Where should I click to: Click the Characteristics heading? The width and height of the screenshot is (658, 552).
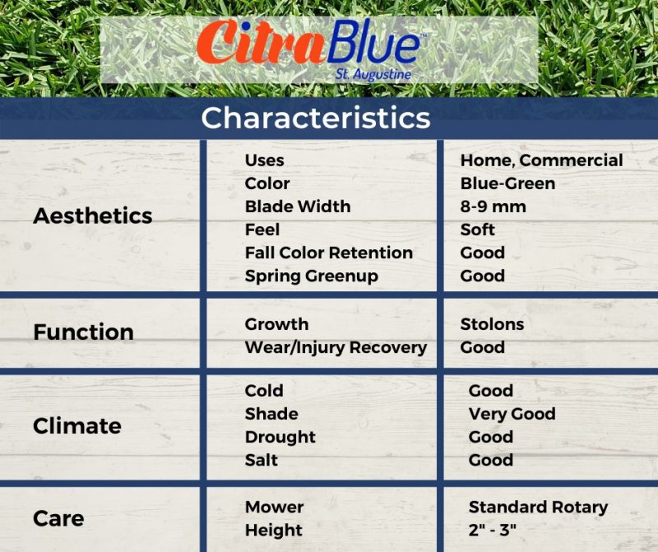pyautogui.click(x=316, y=118)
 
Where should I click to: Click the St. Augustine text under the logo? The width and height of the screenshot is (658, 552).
pyautogui.click(x=374, y=74)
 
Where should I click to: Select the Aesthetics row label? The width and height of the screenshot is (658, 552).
pyautogui.click(x=93, y=216)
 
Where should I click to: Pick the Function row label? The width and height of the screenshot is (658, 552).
pyautogui.click(x=83, y=332)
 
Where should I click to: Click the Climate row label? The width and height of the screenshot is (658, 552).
pyautogui.click(x=77, y=426)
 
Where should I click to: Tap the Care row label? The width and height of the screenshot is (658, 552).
pyautogui.click(x=58, y=519)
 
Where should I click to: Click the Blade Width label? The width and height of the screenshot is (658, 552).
pyautogui.click(x=298, y=206)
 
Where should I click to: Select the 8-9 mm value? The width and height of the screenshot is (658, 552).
pyautogui.click(x=493, y=206)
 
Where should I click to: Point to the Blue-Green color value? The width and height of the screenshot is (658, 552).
pyautogui.click(x=507, y=183)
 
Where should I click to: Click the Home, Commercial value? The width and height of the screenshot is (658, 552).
pyautogui.click(x=541, y=160)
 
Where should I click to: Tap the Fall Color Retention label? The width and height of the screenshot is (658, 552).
pyautogui.click(x=329, y=253)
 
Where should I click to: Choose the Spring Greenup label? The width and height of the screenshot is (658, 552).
pyautogui.click(x=312, y=276)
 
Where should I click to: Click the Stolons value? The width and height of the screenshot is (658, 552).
pyautogui.click(x=492, y=324)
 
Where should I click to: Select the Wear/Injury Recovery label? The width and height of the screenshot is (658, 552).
pyautogui.click(x=336, y=347)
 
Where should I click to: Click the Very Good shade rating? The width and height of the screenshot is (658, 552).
pyautogui.click(x=512, y=414)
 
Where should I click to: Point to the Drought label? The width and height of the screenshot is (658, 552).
pyautogui.click(x=280, y=437)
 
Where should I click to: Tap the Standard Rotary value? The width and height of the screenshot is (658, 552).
pyautogui.click(x=538, y=507)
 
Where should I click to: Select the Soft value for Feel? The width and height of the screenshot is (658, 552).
pyautogui.click(x=477, y=230)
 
